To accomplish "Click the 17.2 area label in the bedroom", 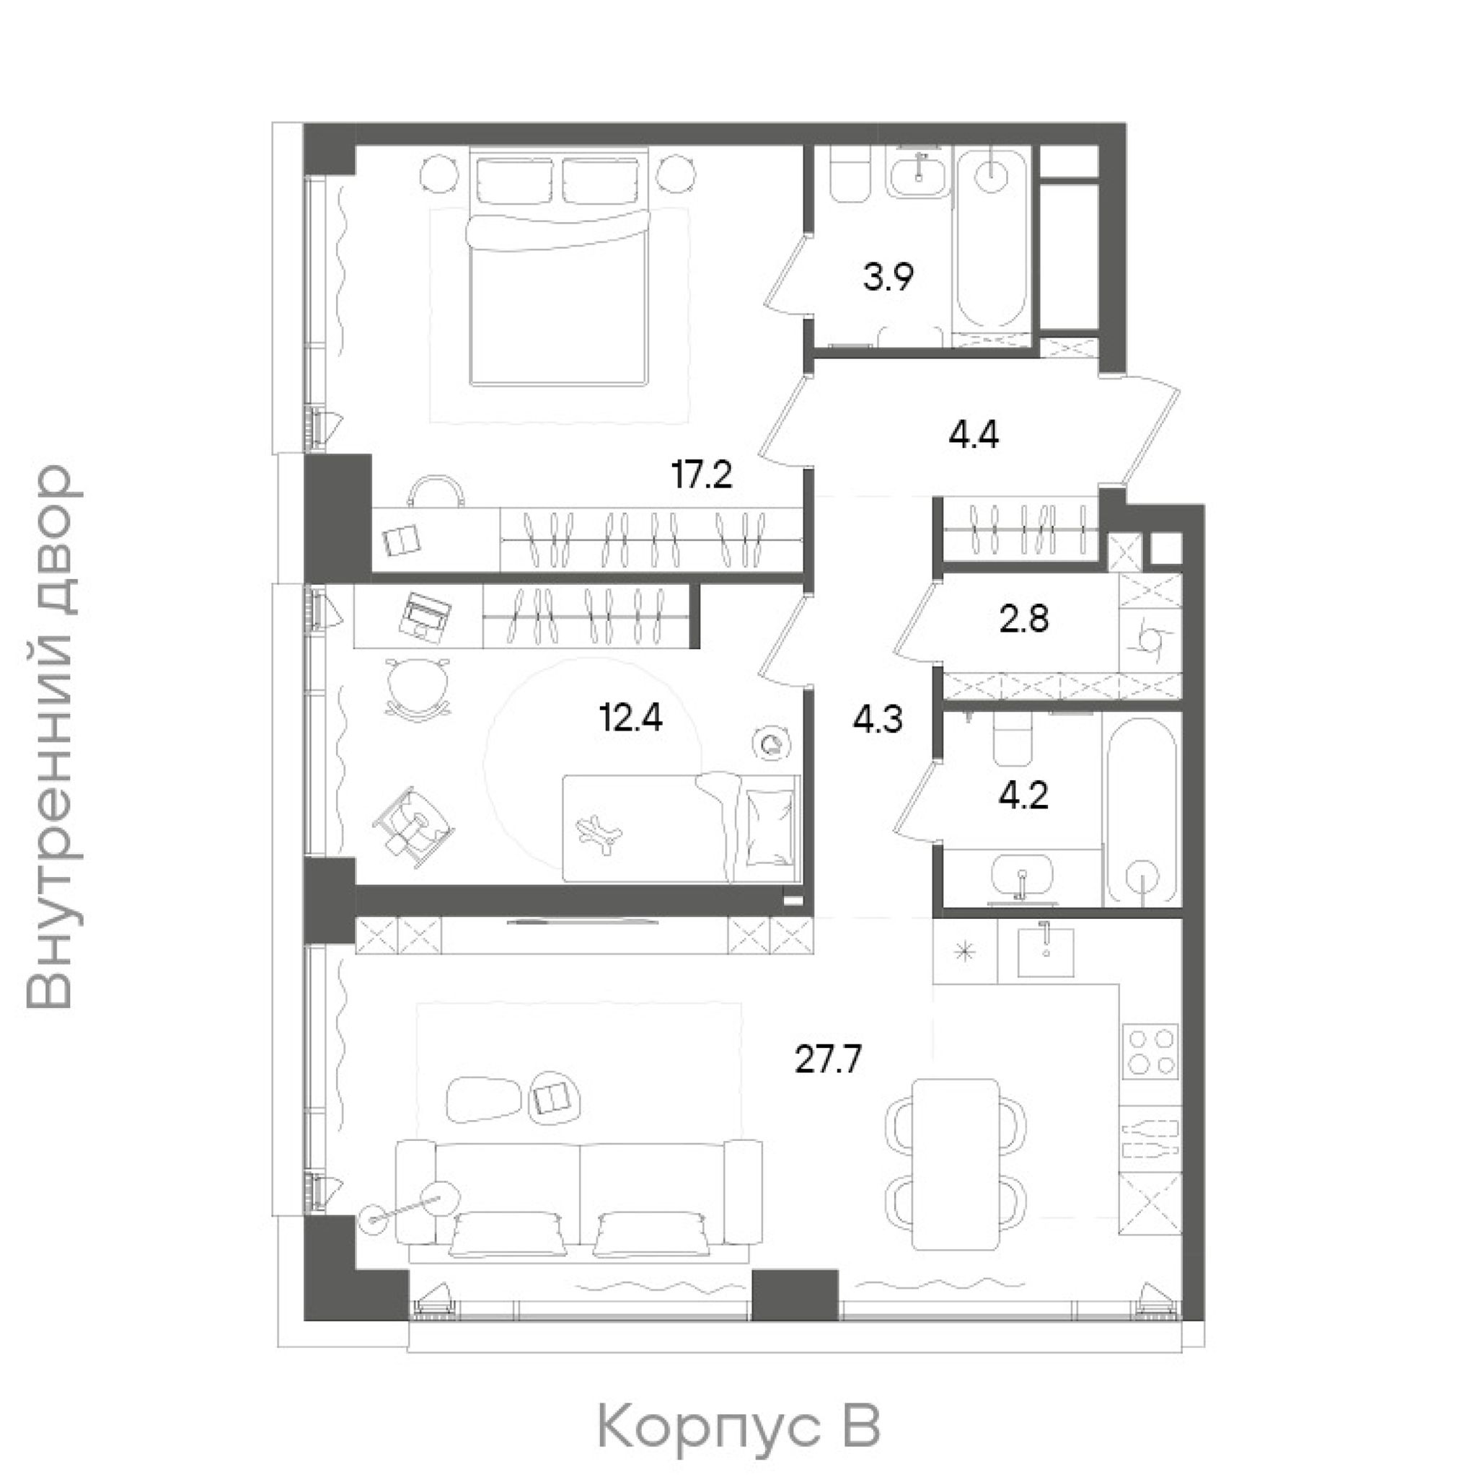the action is tap(702, 475).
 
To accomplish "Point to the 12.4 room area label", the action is tap(631, 718).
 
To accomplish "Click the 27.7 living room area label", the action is tap(829, 1060).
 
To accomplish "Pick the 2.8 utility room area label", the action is tap(1023, 620).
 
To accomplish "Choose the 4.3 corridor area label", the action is tap(878, 720).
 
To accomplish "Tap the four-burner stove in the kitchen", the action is tap(1150, 1052).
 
